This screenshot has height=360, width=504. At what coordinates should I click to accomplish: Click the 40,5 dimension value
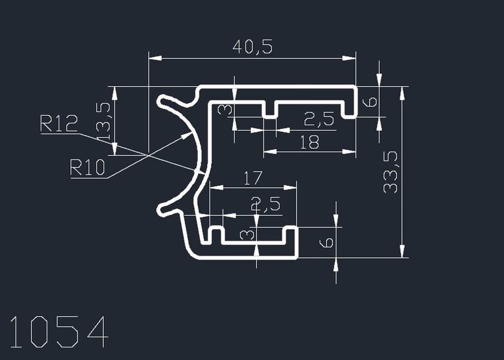(x=252, y=47)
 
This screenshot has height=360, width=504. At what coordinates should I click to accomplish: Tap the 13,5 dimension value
(x=103, y=121)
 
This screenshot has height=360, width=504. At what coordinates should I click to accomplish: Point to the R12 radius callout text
(x=59, y=124)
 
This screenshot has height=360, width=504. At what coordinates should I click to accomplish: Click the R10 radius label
(x=88, y=167)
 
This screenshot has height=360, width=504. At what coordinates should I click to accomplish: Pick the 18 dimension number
(x=310, y=142)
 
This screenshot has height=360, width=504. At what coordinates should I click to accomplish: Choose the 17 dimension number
(x=253, y=178)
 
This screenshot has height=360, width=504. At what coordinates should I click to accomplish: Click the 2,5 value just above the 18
(x=319, y=120)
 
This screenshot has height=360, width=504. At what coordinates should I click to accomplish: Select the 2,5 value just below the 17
(x=266, y=205)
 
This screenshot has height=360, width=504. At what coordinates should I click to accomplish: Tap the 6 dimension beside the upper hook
(x=371, y=101)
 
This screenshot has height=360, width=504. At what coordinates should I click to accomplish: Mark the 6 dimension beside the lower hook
(x=326, y=242)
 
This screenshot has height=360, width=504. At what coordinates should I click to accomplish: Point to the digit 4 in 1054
(x=97, y=332)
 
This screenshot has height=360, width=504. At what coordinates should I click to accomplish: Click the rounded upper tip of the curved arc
(x=163, y=101)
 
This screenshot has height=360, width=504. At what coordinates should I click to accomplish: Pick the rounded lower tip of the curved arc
(x=162, y=209)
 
